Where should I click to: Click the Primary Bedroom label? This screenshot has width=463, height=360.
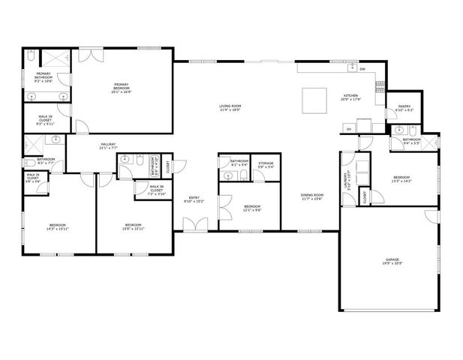click(122, 88)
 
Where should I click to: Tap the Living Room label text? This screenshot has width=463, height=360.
click(230, 108)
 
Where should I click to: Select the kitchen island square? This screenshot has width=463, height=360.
click(313, 99)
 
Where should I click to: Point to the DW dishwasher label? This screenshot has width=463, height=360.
click(362, 69)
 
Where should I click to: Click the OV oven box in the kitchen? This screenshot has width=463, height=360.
click(349, 130)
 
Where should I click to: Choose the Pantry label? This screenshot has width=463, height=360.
click(404, 109)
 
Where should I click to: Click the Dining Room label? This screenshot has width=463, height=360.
click(312, 196)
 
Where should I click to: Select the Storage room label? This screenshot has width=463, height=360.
click(266, 164)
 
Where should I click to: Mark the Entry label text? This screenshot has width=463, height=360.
click(194, 199)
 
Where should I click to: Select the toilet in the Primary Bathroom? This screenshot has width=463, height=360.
click(30, 57)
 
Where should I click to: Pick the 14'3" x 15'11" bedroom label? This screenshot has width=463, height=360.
click(58, 226)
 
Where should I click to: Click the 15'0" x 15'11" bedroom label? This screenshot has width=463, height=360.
click(134, 226)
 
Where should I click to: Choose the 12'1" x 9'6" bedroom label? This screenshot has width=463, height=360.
click(252, 208)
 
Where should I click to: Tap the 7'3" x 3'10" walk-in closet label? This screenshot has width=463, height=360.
click(156, 189)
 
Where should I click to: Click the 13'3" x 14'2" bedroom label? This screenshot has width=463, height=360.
click(402, 179)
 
